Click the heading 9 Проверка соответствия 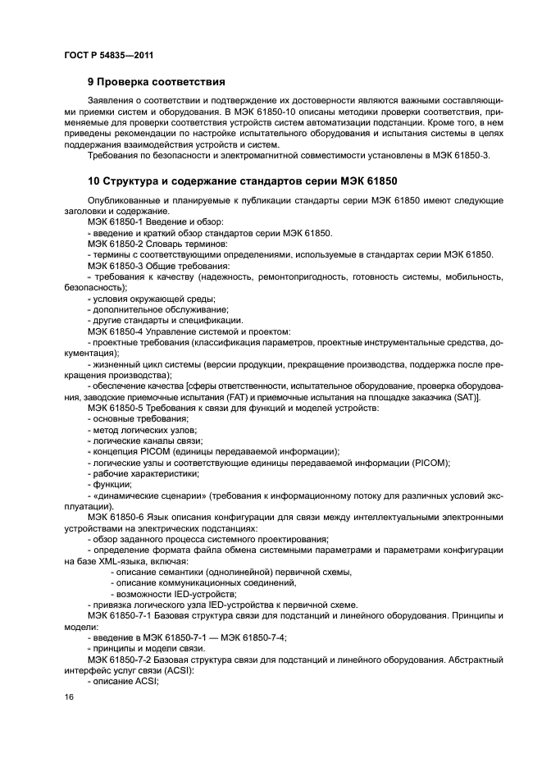pos(156,82)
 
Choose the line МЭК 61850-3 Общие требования pos(153,266)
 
